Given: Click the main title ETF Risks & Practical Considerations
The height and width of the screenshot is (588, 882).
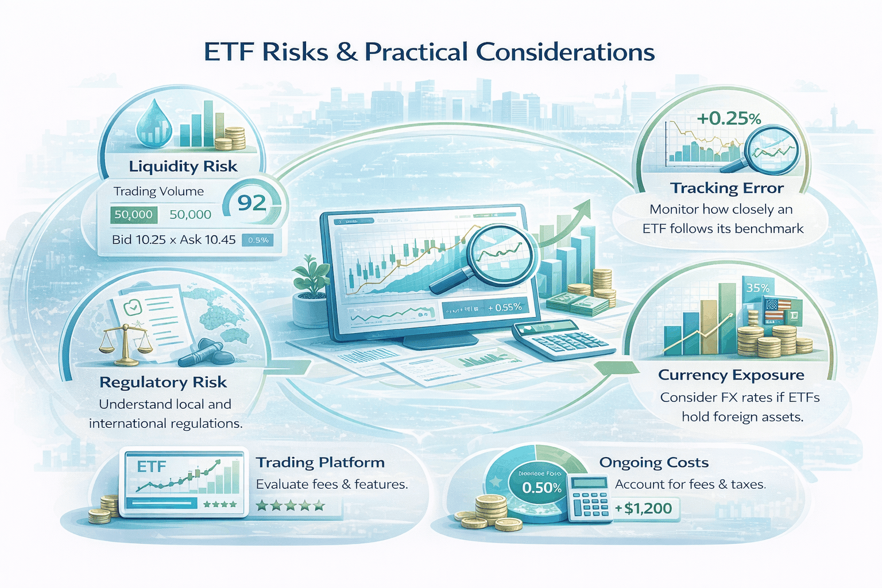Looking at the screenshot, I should (429, 52).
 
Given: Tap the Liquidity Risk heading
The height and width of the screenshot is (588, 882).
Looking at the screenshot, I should (183, 167).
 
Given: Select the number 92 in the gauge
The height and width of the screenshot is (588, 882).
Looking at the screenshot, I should (252, 203).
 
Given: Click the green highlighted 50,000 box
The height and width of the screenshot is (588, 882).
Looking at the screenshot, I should (133, 215).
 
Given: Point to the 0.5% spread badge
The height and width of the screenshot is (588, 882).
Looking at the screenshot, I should (258, 240).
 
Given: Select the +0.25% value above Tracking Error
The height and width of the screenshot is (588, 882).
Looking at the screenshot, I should (728, 118).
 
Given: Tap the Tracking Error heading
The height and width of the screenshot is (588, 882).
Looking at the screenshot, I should (726, 188).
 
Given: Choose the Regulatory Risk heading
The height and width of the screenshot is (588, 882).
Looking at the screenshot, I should (163, 382).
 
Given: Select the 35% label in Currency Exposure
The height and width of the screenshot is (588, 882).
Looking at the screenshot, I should (757, 288).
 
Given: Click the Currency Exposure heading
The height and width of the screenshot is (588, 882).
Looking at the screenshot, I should (730, 375).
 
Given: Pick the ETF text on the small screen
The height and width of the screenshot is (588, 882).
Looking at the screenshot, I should (152, 467).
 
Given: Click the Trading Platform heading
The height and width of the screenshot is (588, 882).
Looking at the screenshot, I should (320, 463).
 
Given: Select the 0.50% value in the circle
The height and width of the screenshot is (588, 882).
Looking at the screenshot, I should (541, 488).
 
